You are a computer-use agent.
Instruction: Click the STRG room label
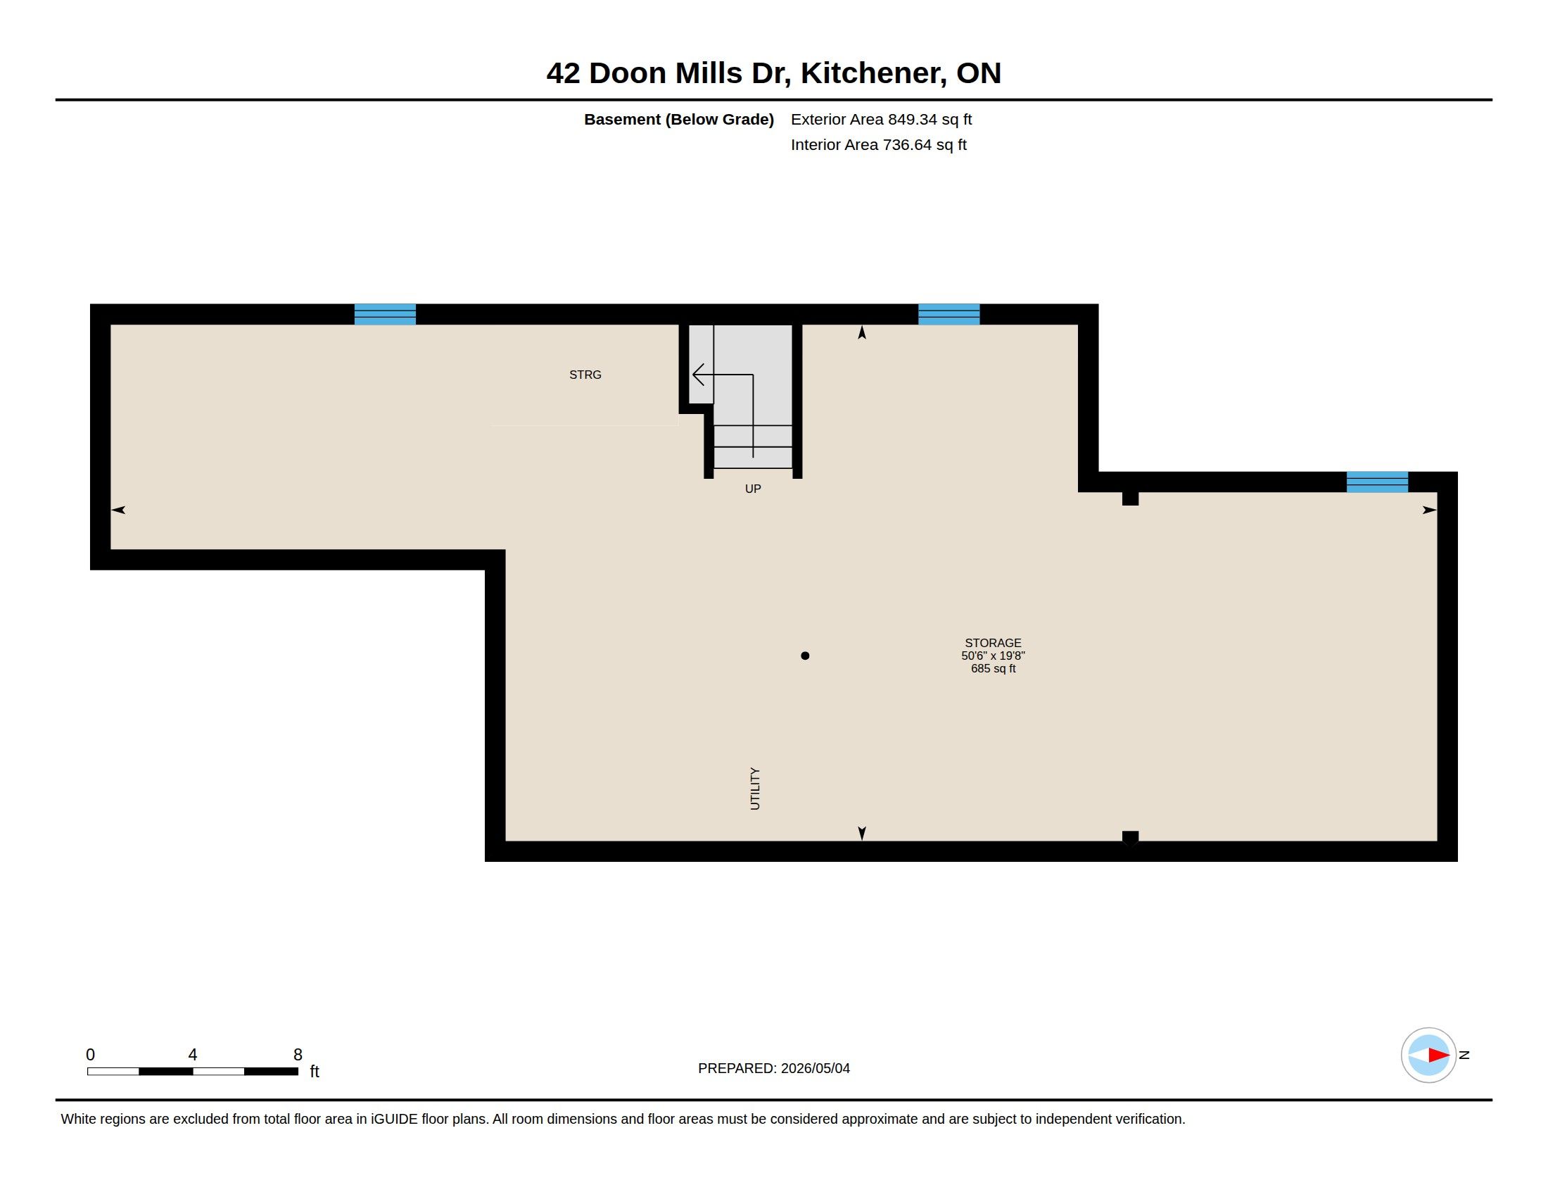click(585, 375)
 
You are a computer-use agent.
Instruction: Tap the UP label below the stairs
click(753, 489)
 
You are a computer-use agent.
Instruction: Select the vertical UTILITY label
click(755, 789)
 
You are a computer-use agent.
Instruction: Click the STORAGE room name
click(993, 643)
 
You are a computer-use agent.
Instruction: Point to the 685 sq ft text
click(993, 669)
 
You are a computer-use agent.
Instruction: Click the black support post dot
click(805, 656)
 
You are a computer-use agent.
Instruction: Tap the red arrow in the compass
click(1439, 1055)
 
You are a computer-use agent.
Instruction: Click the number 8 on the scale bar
click(298, 1055)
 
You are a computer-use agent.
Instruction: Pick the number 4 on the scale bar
click(193, 1055)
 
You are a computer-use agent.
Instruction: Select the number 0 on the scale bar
click(90, 1055)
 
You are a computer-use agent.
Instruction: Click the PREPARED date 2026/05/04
click(815, 1068)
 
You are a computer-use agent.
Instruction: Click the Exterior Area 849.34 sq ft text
click(881, 119)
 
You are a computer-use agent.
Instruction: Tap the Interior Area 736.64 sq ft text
click(879, 144)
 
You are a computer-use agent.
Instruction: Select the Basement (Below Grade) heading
click(679, 119)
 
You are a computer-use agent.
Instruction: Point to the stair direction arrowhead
click(697, 375)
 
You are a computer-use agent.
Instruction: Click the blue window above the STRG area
click(385, 314)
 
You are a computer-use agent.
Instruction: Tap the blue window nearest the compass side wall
click(1377, 482)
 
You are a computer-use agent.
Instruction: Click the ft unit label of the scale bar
click(315, 1072)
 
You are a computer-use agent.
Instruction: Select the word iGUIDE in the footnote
click(394, 1119)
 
